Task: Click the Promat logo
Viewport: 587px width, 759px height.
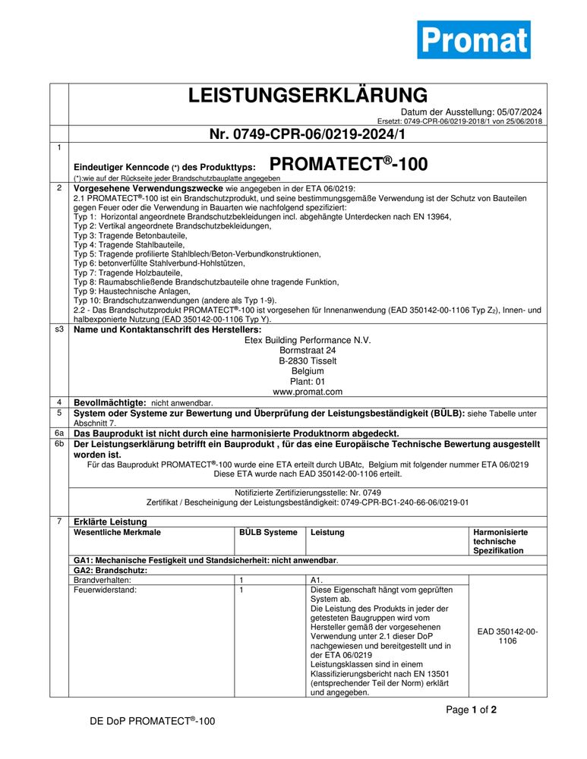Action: coord(473,39)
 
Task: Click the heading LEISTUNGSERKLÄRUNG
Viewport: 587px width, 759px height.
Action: coord(308,96)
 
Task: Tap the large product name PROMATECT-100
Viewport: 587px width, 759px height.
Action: coord(349,165)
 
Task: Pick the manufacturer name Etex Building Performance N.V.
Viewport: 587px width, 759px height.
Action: coord(308,340)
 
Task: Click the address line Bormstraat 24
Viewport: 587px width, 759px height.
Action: coord(308,351)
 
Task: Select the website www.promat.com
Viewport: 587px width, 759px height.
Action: coord(308,392)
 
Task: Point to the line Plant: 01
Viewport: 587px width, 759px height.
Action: coord(308,382)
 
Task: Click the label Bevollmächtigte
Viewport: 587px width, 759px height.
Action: coord(109,402)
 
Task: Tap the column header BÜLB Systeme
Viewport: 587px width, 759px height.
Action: coord(268,533)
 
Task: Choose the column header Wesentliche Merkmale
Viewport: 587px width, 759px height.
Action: coord(117,533)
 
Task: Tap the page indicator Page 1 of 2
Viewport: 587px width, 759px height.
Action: coord(471,710)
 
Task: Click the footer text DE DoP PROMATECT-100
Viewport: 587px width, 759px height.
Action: coord(153,722)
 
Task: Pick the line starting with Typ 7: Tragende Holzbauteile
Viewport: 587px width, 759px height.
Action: coord(128,272)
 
